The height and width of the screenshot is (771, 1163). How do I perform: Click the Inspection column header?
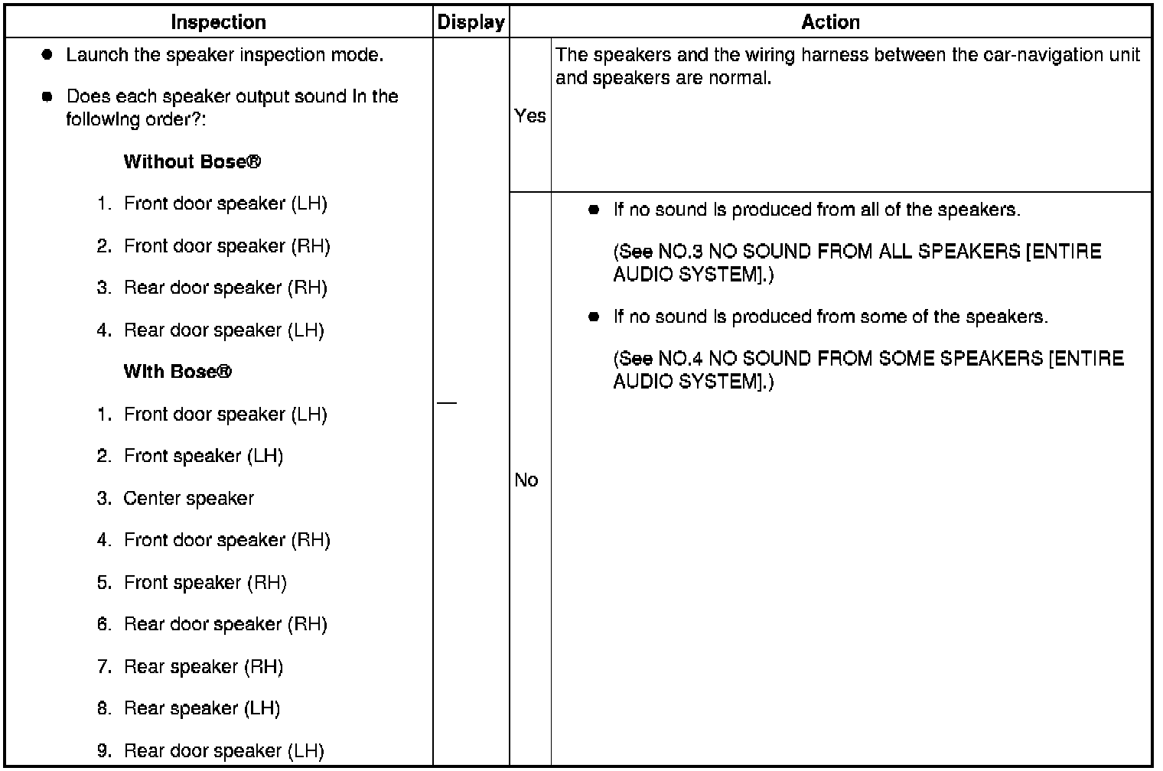(218, 22)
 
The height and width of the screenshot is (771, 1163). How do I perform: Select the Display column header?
(471, 22)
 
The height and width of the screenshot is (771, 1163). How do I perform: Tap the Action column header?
(830, 22)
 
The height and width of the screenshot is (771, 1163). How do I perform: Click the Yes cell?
(529, 115)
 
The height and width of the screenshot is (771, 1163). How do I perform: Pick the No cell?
(526, 480)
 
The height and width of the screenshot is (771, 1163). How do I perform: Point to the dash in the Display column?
(447, 402)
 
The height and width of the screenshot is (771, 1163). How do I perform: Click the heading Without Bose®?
(192, 161)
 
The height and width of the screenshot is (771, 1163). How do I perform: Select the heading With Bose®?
(177, 372)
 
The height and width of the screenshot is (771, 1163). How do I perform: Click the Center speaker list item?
(188, 498)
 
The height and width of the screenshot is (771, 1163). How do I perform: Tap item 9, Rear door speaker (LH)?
(223, 750)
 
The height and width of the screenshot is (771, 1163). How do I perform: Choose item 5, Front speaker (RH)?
(204, 582)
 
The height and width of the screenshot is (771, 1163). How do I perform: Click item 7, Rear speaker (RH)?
(203, 666)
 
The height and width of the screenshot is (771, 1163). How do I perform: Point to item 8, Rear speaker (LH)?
(201, 708)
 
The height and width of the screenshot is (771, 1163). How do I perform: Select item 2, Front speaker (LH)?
(203, 456)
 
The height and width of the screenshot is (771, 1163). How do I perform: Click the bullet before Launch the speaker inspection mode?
(47, 55)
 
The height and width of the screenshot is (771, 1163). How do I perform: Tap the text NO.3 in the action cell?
(681, 252)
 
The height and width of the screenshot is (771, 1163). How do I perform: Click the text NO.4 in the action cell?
(681, 359)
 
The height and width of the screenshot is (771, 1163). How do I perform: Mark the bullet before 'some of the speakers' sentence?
(594, 317)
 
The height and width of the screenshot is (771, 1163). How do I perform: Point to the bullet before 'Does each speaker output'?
(47, 96)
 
